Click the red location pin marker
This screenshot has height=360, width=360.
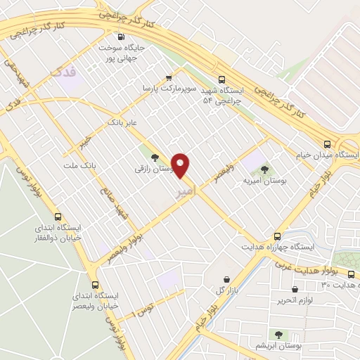point(181,165)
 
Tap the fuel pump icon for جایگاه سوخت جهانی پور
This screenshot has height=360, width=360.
point(122,37)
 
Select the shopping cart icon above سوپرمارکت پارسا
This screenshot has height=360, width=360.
point(168,77)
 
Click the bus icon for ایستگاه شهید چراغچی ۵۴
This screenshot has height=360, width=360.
point(222,79)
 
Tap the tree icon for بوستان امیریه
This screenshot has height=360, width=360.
point(264,169)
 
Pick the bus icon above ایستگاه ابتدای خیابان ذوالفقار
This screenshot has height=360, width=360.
point(58,217)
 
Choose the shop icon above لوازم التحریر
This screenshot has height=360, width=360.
point(295,288)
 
